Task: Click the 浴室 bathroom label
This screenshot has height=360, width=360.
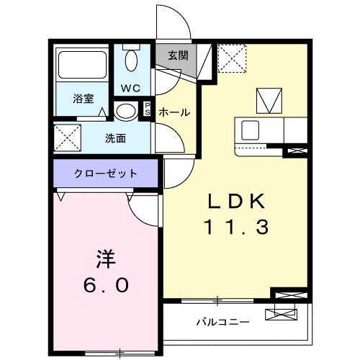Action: coord(84,99)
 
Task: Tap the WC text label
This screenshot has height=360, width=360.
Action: coord(130,89)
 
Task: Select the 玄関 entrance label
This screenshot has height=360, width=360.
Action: coord(178,55)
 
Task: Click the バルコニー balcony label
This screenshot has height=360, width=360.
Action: coord(223,322)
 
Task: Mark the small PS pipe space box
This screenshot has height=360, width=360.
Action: coord(148,109)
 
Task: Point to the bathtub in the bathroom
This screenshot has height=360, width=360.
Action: coord(82,66)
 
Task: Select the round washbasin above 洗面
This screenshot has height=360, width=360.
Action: coord(125,112)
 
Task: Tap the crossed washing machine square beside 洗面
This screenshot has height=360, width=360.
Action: coord(67,136)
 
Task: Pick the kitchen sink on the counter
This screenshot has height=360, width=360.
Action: coord(252,130)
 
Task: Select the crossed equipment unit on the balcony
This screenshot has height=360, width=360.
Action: coord(281,313)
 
